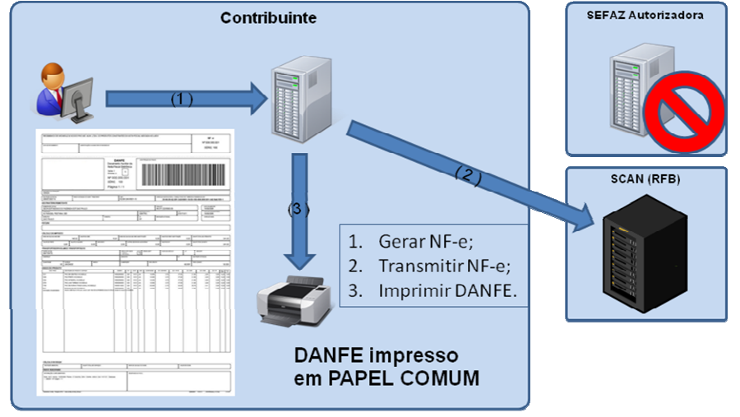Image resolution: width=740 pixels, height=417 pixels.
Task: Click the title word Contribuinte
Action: (x=268, y=17)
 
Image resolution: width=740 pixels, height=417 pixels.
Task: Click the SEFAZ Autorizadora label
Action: (x=645, y=15)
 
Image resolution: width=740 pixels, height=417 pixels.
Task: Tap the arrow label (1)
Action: (x=181, y=98)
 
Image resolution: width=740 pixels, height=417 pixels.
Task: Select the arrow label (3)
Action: (x=298, y=209)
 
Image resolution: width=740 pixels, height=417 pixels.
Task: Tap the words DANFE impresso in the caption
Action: (x=376, y=357)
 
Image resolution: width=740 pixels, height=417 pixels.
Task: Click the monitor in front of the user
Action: (x=79, y=100)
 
